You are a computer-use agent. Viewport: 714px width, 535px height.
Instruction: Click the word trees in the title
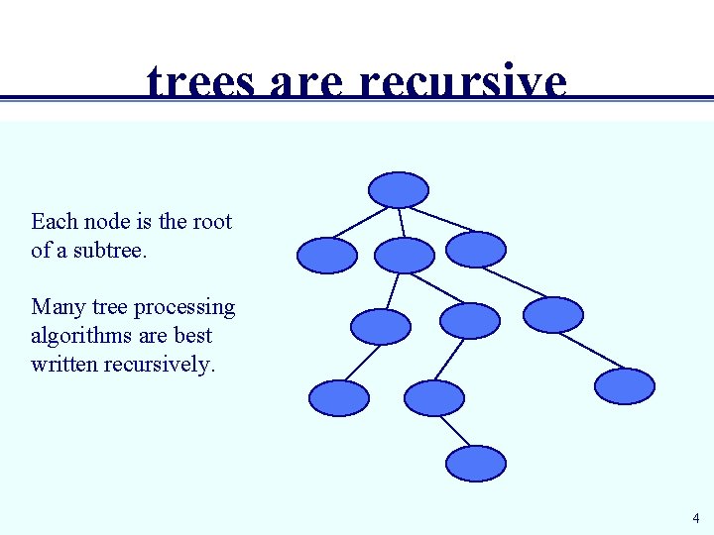(x=199, y=84)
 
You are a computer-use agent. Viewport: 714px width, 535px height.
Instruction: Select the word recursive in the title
(x=463, y=84)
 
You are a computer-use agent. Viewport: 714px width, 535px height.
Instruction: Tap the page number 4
(x=696, y=518)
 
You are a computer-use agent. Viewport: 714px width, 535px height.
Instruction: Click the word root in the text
(x=211, y=221)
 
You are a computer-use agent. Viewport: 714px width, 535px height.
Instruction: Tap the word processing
(x=184, y=308)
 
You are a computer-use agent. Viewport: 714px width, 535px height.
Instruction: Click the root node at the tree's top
(x=399, y=189)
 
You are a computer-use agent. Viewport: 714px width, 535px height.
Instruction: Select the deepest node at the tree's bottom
(x=476, y=463)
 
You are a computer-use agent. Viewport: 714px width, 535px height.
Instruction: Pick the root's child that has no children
(x=327, y=255)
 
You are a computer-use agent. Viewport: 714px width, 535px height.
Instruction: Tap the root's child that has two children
(x=405, y=255)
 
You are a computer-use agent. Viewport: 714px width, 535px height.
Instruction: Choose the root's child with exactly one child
(x=476, y=249)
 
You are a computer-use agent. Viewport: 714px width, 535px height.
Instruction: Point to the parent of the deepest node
(x=434, y=397)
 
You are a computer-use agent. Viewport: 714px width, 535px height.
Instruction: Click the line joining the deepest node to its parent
(x=455, y=430)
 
